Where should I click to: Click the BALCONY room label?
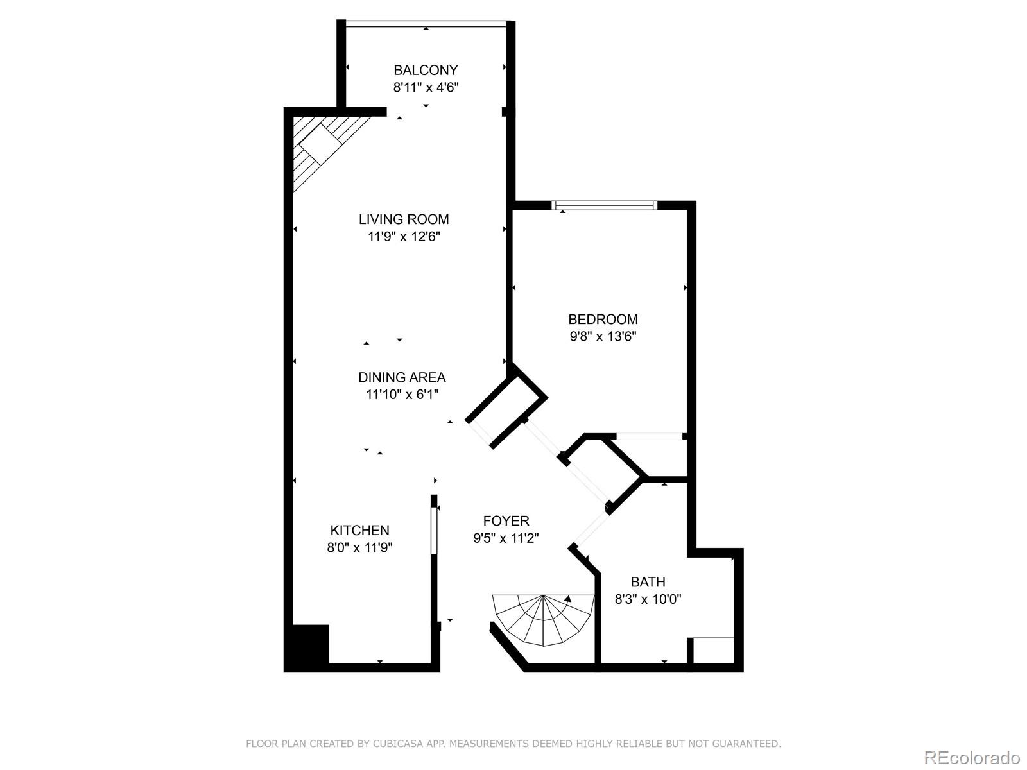pyautogui.click(x=426, y=70)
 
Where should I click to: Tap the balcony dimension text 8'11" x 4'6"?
pyautogui.click(x=426, y=87)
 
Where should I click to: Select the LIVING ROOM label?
pyautogui.click(x=404, y=219)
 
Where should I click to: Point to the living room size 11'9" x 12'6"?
pyautogui.click(x=404, y=237)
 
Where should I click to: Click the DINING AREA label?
pyautogui.click(x=402, y=377)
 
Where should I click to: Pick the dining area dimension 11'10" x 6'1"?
pyautogui.click(x=402, y=395)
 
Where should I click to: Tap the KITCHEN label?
pyautogui.click(x=359, y=530)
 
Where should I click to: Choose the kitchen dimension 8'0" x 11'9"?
pyautogui.click(x=359, y=547)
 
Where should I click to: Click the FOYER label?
pyautogui.click(x=506, y=521)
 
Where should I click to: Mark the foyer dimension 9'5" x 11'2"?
pyautogui.click(x=506, y=538)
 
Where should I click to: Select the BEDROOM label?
pyautogui.click(x=603, y=319)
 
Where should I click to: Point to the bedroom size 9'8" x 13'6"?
pyautogui.click(x=603, y=336)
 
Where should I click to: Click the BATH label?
pyautogui.click(x=648, y=582)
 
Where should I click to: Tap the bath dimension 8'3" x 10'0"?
pyautogui.click(x=648, y=599)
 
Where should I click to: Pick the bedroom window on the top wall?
pyautogui.click(x=605, y=206)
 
